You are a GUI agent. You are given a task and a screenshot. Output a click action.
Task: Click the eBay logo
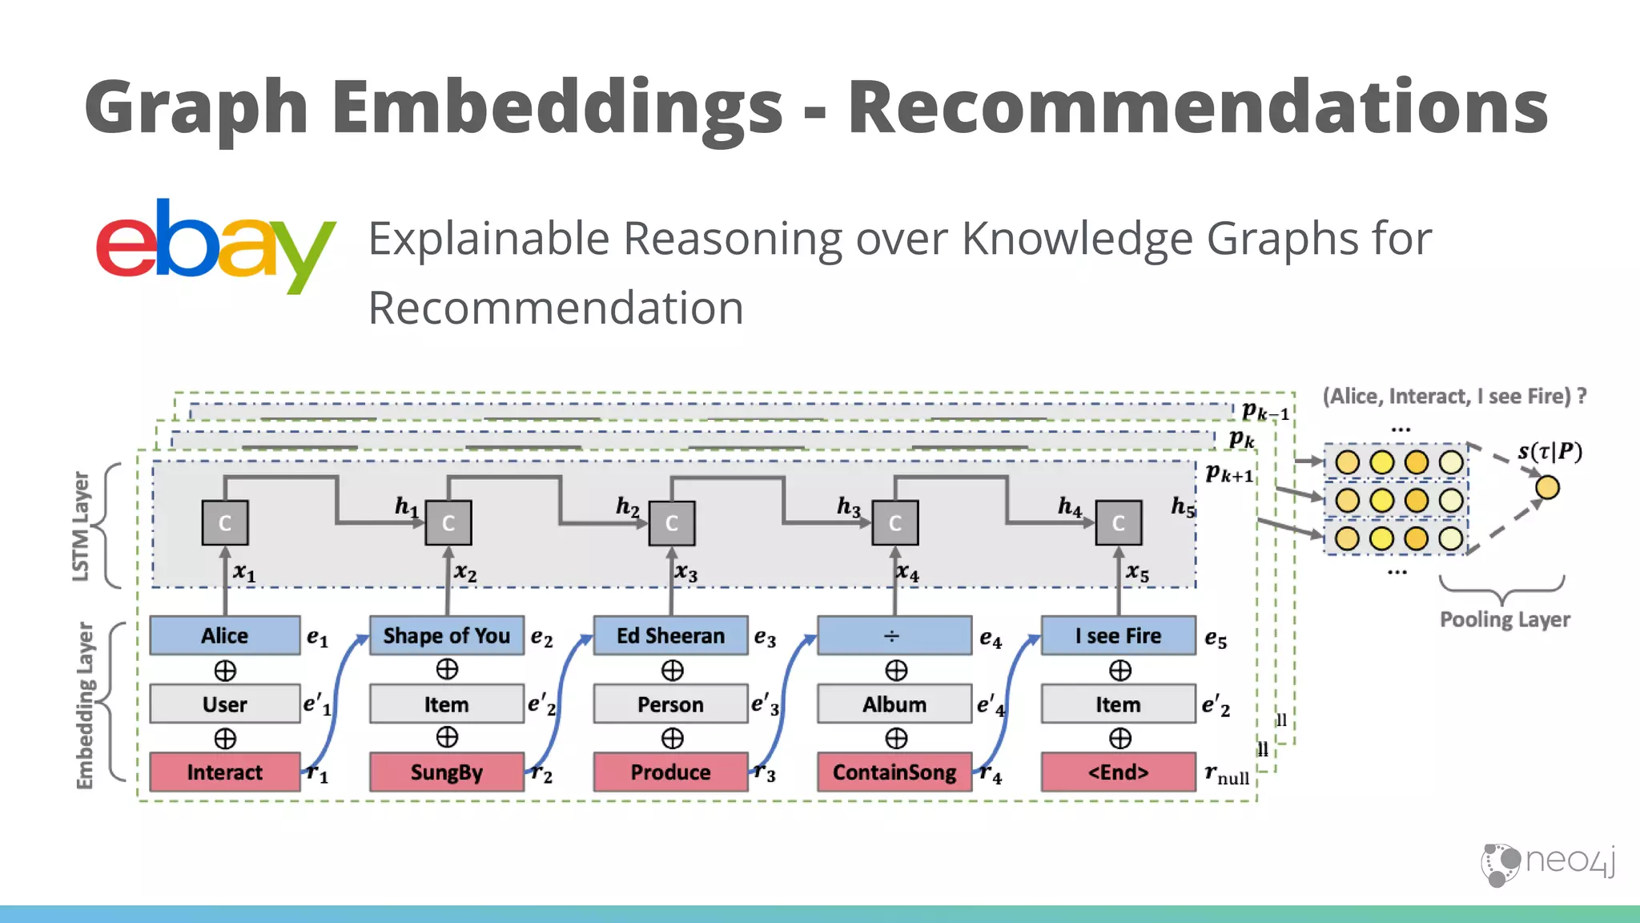pyautogui.click(x=215, y=246)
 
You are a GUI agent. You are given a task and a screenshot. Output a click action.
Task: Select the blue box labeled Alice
pyautogui.click(x=225, y=635)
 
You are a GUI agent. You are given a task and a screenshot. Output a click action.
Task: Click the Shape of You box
pyautogui.click(x=447, y=635)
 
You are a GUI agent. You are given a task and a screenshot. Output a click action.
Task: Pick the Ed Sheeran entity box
pyautogui.click(x=670, y=635)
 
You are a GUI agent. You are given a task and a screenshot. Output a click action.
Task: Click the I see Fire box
pyautogui.click(x=1118, y=635)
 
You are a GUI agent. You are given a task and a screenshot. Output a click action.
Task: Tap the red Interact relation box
pyautogui.click(x=225, y=772)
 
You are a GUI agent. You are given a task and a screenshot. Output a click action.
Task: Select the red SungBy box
pyautogui.click(x=447, y=772)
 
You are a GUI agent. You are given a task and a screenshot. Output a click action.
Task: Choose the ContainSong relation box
pyautogui.click(x=894, y=772)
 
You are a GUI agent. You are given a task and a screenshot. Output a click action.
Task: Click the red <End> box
pyautogui.click(x=1118, y=772)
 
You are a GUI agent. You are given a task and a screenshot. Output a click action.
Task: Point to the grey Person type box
pyautogui.click(x=670, y=704)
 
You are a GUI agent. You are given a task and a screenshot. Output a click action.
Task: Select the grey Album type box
pyautogui.click(x=894, y=704)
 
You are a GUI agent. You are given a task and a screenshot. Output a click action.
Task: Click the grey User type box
pyautogui.click(x=225, y=704)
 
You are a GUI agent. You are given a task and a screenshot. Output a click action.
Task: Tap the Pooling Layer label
pyautogui.click(x=1505, y=619)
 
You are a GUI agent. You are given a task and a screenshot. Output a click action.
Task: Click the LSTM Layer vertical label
pyautogui.click(x=81, y=526)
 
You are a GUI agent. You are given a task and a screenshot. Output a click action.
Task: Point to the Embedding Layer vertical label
pyautogui.click(x=85, y=705)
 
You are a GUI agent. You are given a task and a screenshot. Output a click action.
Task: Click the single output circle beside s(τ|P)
pyautogui.click(x=1547, y=487)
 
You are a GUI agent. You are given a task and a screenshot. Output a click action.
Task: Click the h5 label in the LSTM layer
pyautogui.click(x=1183, y=506)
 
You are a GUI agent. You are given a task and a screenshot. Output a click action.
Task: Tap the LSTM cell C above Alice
pyautogui.click(x=225, y=523)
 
